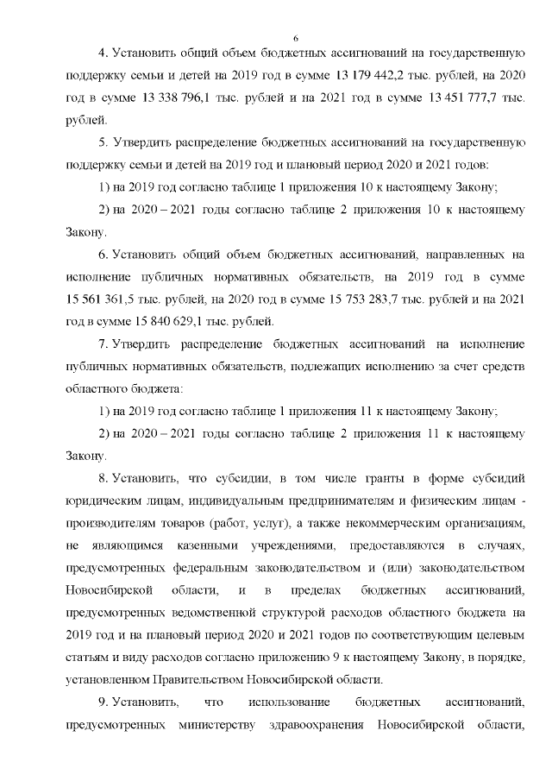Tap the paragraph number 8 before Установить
[101, 477]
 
